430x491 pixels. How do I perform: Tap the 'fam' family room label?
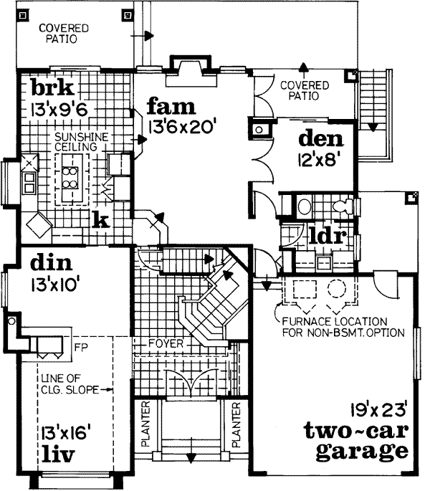171,107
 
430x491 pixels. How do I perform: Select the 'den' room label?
320,138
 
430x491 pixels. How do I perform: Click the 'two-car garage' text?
355,442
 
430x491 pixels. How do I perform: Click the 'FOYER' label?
166,344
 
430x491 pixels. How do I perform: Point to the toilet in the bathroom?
344,206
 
